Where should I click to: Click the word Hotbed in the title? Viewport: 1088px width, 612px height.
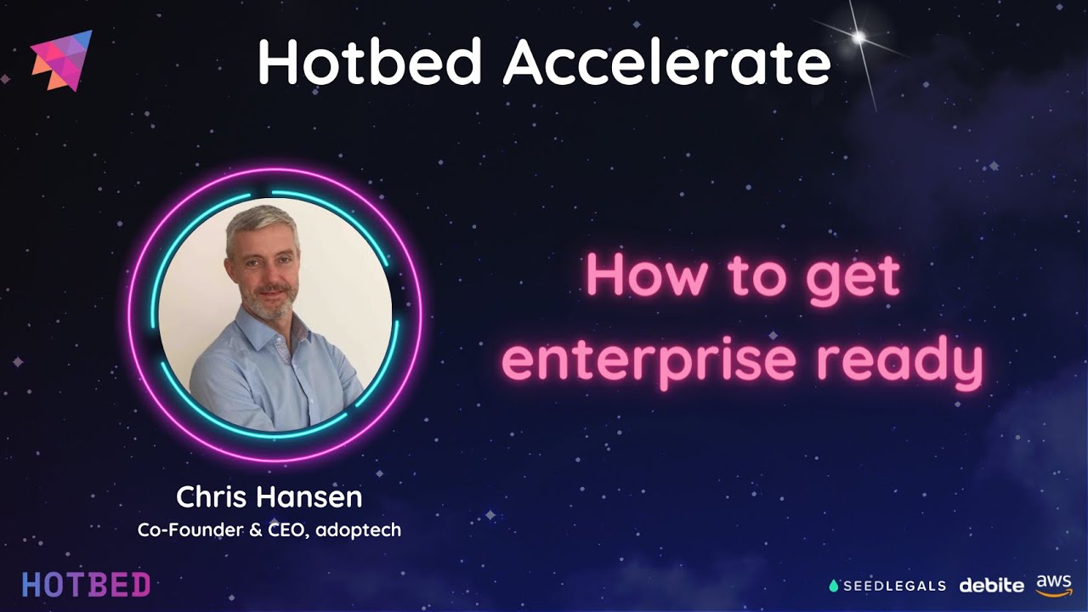click(369, 61)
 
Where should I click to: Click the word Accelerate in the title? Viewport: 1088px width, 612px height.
click(667, 61)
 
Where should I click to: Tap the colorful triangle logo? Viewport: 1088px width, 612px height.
click(62, 60)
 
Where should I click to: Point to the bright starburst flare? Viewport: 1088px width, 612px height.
click(859, 37)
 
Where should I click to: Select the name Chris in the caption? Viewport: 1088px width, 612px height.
click(212, 497)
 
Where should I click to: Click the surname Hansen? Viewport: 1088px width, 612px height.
click(309, 497)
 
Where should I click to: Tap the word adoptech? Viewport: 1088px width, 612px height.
click(359, 530)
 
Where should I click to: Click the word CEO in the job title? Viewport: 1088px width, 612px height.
click(288, 530)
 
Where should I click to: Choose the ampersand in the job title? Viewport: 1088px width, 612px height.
click(256, 530)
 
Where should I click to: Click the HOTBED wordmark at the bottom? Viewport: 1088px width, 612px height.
click(87, 585)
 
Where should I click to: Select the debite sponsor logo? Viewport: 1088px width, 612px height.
click(991, 586)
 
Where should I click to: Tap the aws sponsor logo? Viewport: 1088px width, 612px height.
click(1053, 586)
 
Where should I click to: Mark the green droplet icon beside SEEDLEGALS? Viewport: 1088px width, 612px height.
click(834, 586)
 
